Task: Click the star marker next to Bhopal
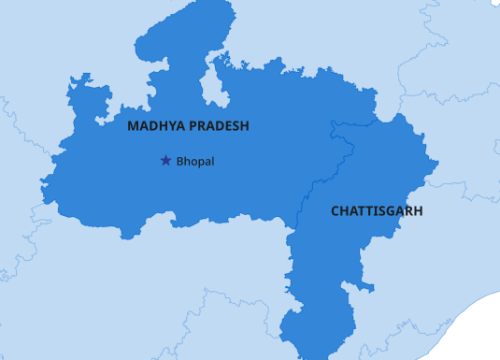pyautogui.click(x=165, y=161)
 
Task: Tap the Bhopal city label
pyautogui.click(x=195, y=162)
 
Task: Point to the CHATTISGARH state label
pyautogui.click(x=377, y=211)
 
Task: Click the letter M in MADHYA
pyautogui.click(x=133, y=125)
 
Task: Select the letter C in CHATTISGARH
pyautogui.click(x=336, y=211)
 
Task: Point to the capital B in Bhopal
pyautogui.click(x=179, y=162)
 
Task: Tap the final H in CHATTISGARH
pyautogui.click(x=418, y=211)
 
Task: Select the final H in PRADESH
pyautogui.click(x=244, y=125)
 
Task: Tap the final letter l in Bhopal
pyautogui.click(x=213, y=162)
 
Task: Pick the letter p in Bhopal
pyautogui.click(x=199, y=163)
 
